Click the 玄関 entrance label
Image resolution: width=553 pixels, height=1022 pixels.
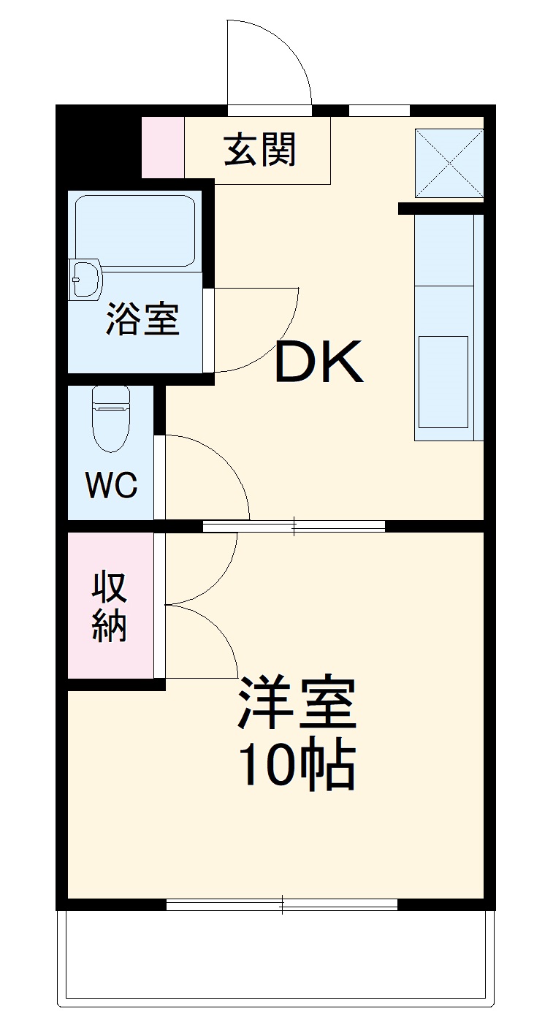(259, 150)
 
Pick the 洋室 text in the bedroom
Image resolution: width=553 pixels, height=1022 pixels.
(297, 703)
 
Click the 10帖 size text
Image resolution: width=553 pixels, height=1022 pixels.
(297, 766)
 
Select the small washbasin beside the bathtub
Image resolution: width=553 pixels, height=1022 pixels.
(86, 278)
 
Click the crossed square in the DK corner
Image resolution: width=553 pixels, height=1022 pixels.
(449, 163)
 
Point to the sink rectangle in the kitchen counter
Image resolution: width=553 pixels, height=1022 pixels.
(443, 381)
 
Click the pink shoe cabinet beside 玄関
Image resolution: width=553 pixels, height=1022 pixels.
(162, 147)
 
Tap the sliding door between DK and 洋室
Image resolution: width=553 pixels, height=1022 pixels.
(294, 525)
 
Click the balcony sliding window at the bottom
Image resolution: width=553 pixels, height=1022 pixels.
(282, 904)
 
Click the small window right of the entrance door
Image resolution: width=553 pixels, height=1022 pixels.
(378, 111)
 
